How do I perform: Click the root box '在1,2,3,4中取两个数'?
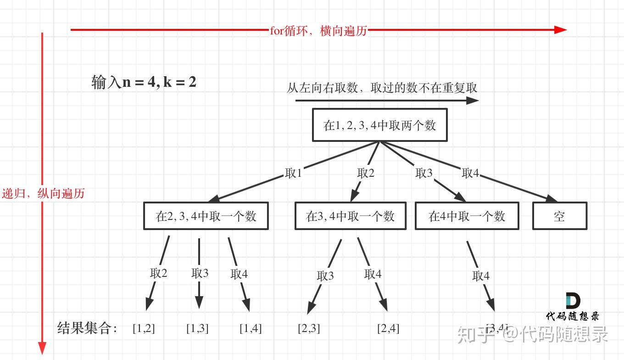[x=379, y=125]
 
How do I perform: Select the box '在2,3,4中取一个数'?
[x=206, y=216]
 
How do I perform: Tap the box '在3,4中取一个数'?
[x=350, y=216]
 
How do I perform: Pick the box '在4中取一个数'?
[x=467, y=216]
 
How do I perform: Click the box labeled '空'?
[x=559, y=216]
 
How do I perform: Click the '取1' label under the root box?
[x=294, y=173]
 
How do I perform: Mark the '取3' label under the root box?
[x=424, y=173]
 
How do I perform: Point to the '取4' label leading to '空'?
[x=470, y=173]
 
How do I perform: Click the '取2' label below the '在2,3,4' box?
[x=159, y=273]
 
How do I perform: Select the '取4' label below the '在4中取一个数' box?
[x=481, y=276]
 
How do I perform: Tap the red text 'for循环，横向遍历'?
[x=318, y=31]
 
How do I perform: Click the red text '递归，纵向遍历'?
[x=43, y=193]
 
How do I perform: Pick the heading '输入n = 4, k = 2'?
[x=144, y=82]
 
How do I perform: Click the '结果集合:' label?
[x=87, y=328]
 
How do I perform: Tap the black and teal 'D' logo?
[x=573, y=301]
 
